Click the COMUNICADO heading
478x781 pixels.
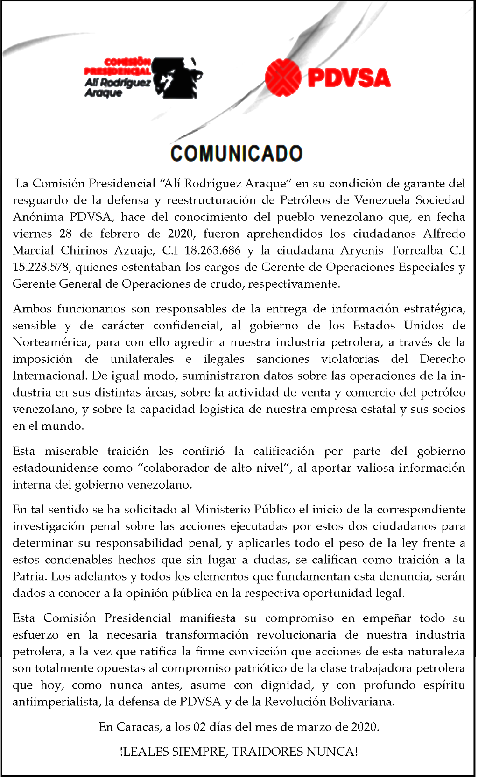[x=237, y=154]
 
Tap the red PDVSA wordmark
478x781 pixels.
[x=349, y=78]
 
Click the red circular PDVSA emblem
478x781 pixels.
[x=283, y=78]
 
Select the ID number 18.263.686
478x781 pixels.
[x=212, y=250]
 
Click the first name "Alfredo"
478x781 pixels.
[x=444, y=234]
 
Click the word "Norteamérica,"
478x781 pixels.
[x=51, y=342]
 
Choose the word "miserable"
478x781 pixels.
[x=71, y=451]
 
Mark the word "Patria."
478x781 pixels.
[x=30, y=576]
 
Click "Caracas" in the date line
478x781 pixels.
[x=138, y=727]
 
